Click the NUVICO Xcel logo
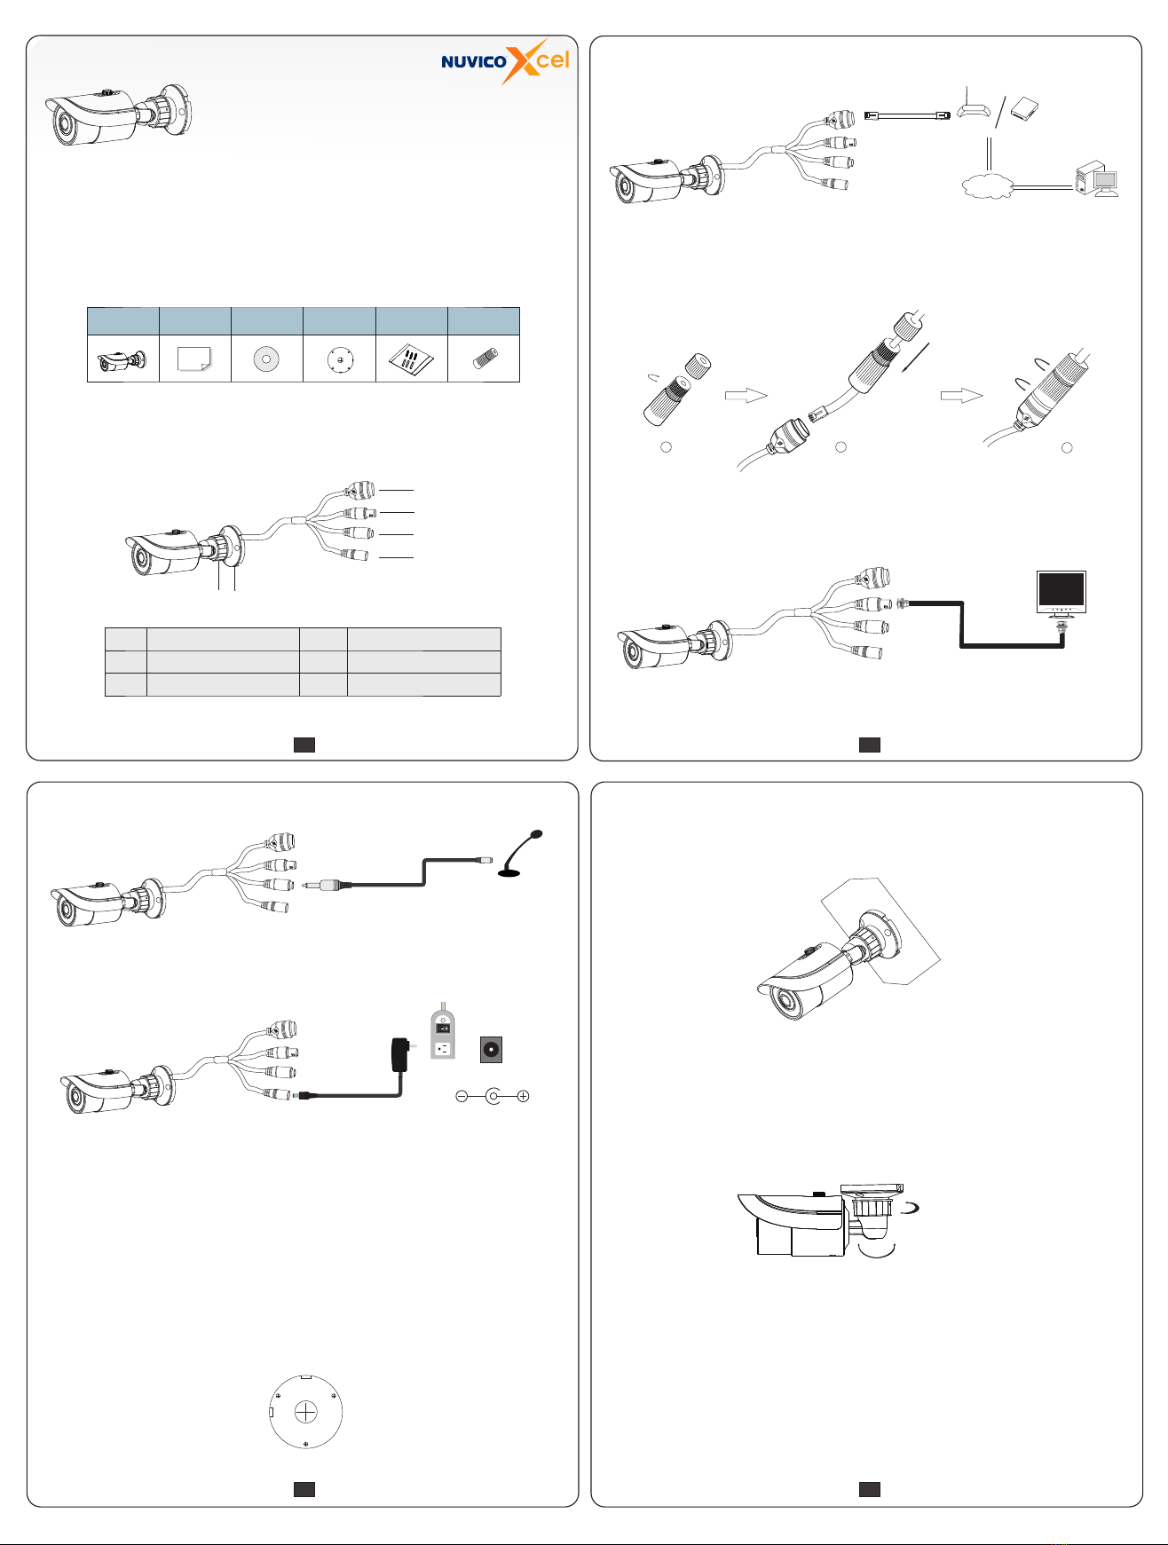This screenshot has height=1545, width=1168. tap(505, 60)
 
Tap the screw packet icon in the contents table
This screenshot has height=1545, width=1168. tap(412, 359)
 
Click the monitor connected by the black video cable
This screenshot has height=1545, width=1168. tap(1062, 595)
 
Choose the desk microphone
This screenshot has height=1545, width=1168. tap(520, 853)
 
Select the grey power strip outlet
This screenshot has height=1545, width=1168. tap(443, 1032)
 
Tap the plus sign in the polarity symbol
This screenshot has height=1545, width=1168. tap(524, 1096)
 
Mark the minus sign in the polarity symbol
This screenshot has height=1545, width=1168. tap(462, 1096)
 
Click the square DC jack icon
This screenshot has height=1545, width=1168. tap(492, 1050)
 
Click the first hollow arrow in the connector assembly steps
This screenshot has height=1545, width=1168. tap(746, 396)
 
